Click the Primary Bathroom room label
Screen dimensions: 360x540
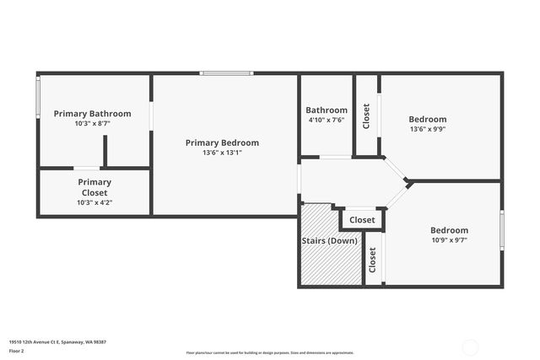pyautogui.click(x=93, y=114)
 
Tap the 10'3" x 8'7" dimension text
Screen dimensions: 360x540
pyautogui.click(x=93, y=123)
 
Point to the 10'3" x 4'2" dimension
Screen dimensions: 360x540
pyautogui.click(x=94, y=202)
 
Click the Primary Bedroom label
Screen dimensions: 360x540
pyautogui.click(x=222, y=142)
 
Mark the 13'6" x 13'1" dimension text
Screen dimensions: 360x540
pyautogui.click(x=222, y=153)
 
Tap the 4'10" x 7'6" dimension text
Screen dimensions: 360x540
pyautogui.click(x=327, y=120)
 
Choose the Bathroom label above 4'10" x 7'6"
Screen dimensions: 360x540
pyautogui.click(x=327, y=110)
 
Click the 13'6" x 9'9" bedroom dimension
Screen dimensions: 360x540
pyautogui.click(x=428, y=129)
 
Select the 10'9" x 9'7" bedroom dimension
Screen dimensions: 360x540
pyautogui.click(x=449, y=240)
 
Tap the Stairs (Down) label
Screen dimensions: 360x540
pyautogui.click(x=329, y=241)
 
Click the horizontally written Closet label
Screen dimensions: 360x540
pyautogui.click(x=362, y=220)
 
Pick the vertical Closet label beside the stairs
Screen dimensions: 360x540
pyautogui.click(x=372, y=260)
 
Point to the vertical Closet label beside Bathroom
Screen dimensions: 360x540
pyautogui.click(x=365, y=116)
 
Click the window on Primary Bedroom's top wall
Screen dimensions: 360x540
pyautogui.click(x=226, y=74)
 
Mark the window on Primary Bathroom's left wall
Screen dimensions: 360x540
pyautogui.click(x=37, y=97)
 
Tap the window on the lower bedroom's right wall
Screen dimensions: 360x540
pyautogui.click(x=502, y=229)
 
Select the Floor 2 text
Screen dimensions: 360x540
pyautogui.click(x=17, y=350)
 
